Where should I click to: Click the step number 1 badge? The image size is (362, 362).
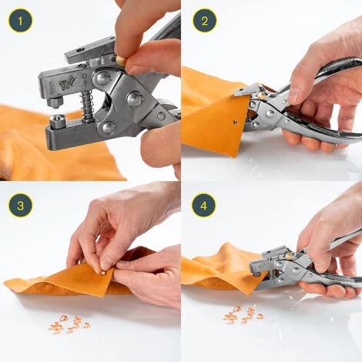tap(20, 20)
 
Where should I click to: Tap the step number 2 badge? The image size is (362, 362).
tap(205, 20)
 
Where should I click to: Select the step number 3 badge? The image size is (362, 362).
tap(20, 205)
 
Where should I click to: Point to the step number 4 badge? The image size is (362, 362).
tap(204, 205)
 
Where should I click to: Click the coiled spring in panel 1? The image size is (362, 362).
tap(87, 106)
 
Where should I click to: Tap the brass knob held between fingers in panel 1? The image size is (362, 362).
tap(120, 61)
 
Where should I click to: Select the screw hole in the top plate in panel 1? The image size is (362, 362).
tap(81, 49)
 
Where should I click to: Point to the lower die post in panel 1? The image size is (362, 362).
tap(56, 122)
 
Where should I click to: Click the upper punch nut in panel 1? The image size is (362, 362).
tap(55, 102)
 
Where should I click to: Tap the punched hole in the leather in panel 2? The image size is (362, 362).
tap(235, 121)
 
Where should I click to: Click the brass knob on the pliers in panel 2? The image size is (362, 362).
tap(261, 96)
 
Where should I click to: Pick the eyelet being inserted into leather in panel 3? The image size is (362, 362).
tap(103, 273)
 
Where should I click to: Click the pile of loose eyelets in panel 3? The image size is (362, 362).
tap(69, 324)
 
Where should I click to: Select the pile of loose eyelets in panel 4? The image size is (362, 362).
tap(243, 314)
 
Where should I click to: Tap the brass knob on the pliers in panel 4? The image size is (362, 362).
tap(289, 256)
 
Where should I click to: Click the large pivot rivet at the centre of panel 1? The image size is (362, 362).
tap(134, 99)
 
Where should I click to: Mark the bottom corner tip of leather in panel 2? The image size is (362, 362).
tap(233, 156)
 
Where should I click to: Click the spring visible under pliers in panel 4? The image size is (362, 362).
tap(272, 276)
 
